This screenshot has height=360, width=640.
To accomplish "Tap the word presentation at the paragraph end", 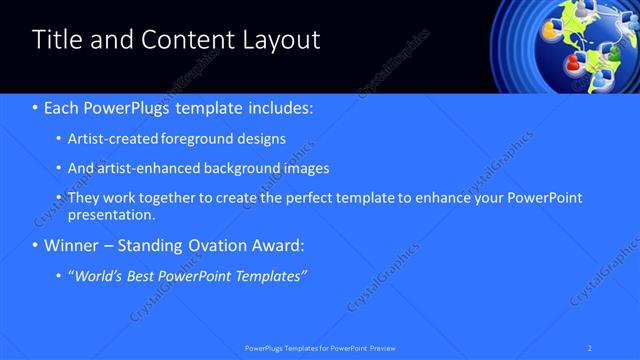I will [110, 214].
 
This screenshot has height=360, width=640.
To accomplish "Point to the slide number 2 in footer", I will [591, 347].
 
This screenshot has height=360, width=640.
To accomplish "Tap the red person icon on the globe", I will [574, 62].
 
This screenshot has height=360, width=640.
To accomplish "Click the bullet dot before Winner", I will [36, 246].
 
